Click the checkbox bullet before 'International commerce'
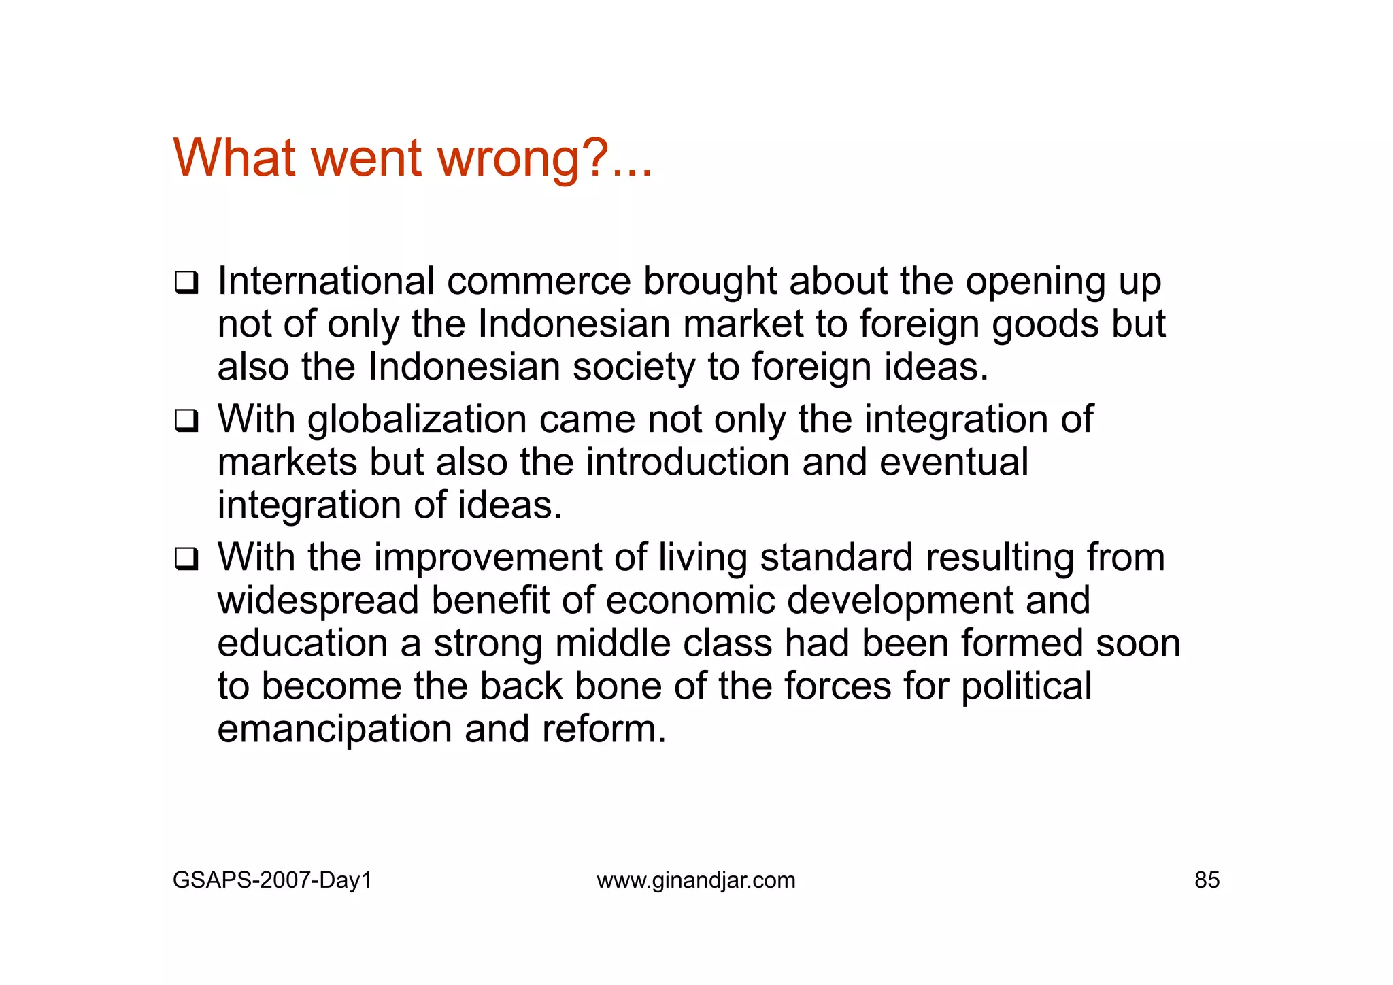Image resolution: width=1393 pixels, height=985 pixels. tap(186, 282)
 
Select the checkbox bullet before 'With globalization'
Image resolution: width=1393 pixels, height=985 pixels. tap(186, 420)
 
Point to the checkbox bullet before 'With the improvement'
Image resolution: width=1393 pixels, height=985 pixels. tap(186, 558)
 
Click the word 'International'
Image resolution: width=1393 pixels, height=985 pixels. tap(326, 281)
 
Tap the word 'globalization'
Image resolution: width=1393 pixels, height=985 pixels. tap(417, 420)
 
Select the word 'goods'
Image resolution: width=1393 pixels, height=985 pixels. tap(1045, 324)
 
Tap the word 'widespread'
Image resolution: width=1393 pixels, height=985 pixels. tap(318, 601)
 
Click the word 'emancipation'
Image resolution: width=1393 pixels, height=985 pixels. tap(335, 730)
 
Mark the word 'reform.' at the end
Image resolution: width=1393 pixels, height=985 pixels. tap(604, 729)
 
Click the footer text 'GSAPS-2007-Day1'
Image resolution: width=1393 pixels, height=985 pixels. tap(272, 880)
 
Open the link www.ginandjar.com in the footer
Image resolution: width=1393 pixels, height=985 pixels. tap(696, 880)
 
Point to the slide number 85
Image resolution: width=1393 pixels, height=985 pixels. tap(1207, 880)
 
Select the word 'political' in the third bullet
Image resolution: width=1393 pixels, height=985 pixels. tap(1026, 686)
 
